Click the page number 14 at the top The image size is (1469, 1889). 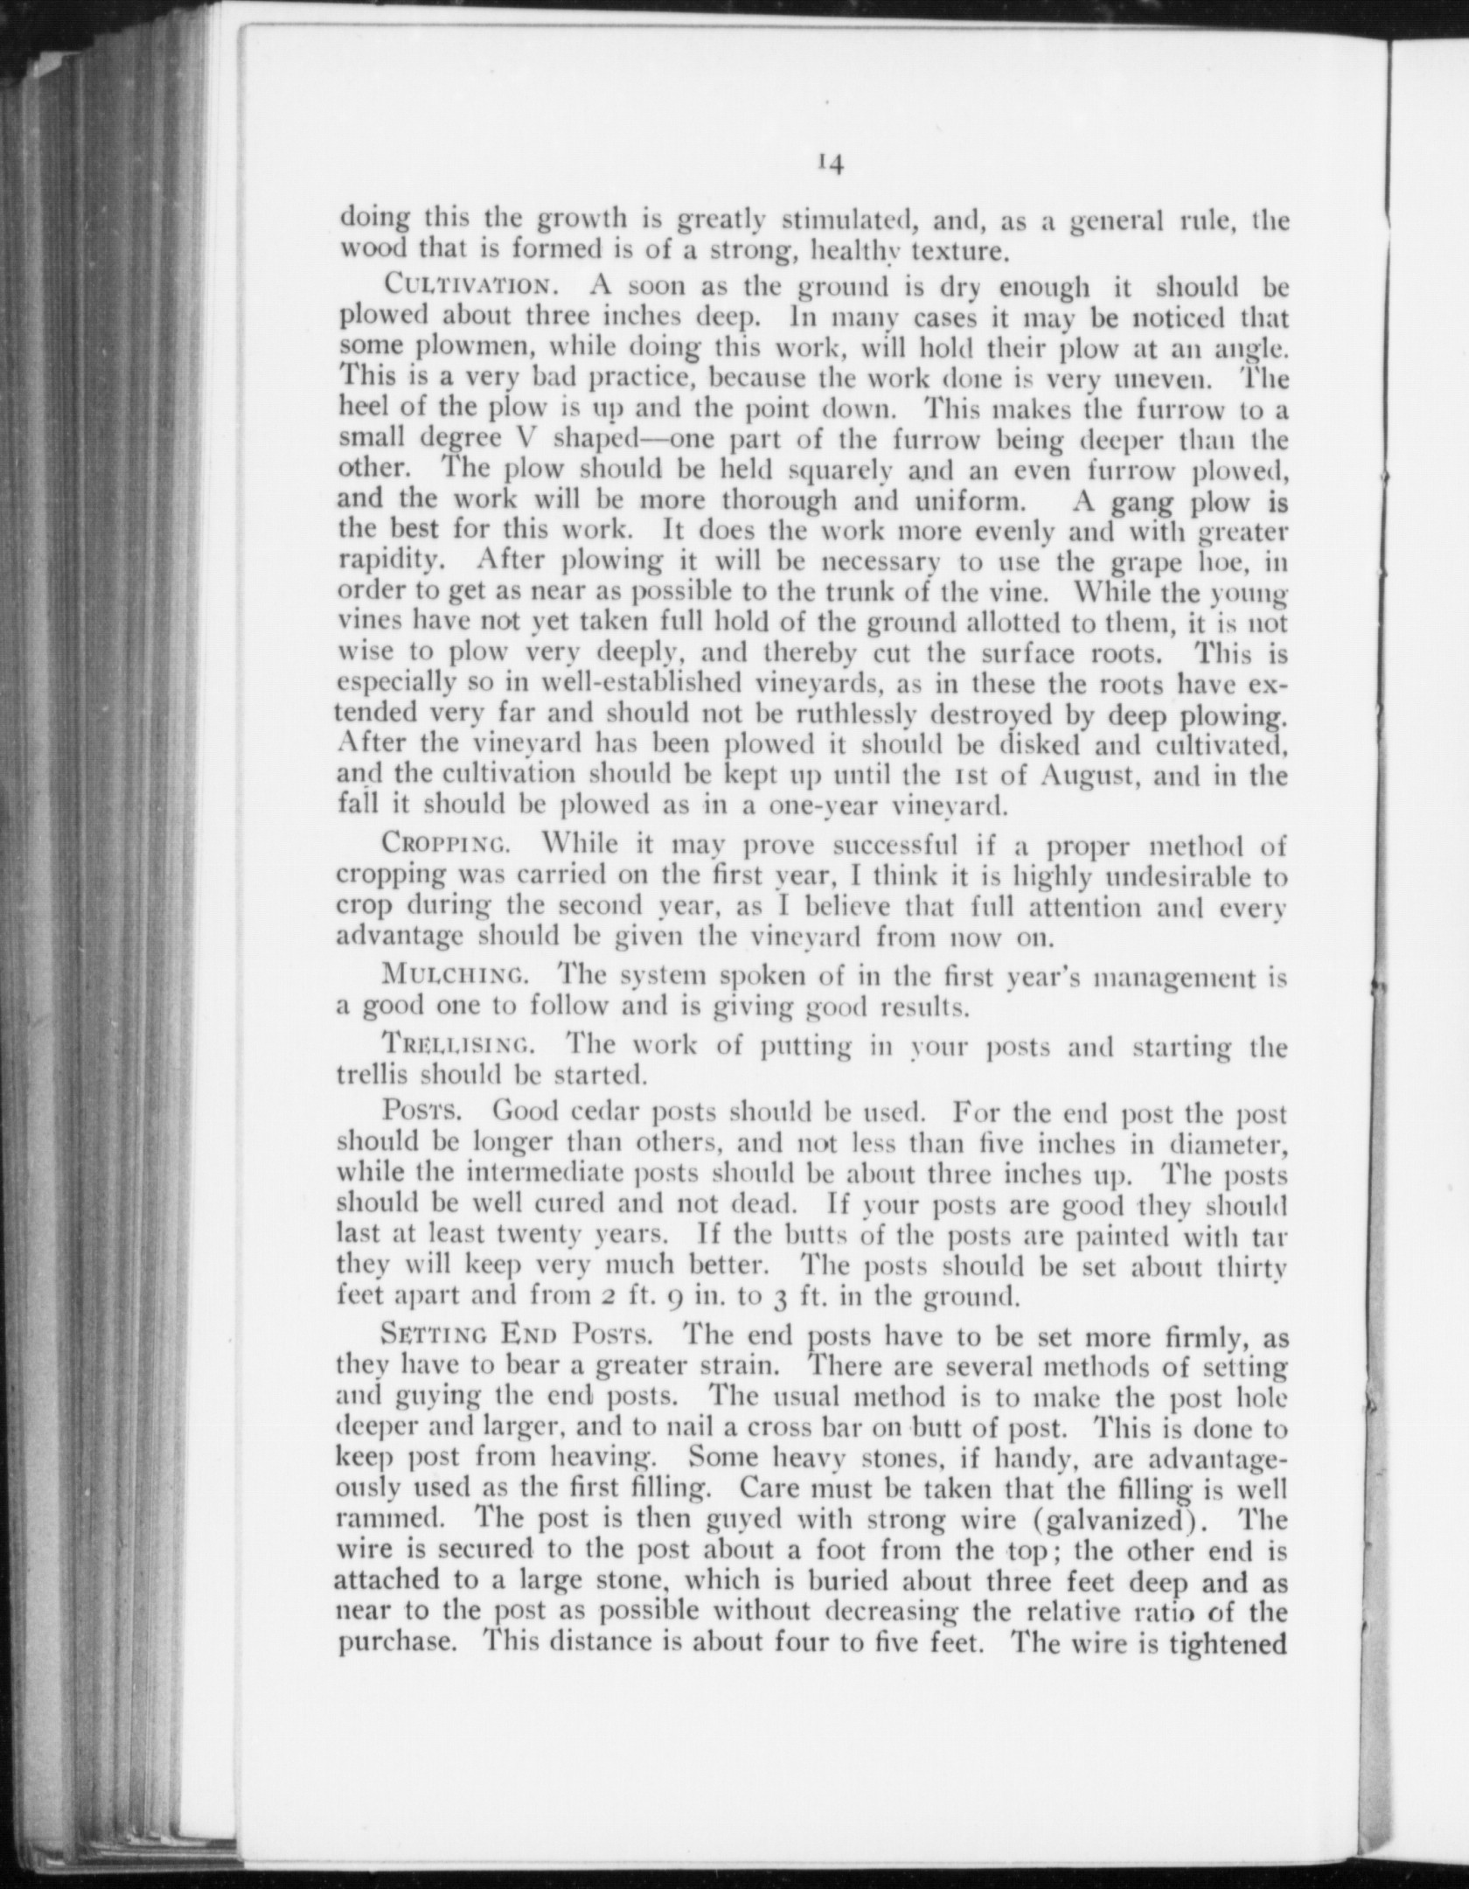click(830, 164)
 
